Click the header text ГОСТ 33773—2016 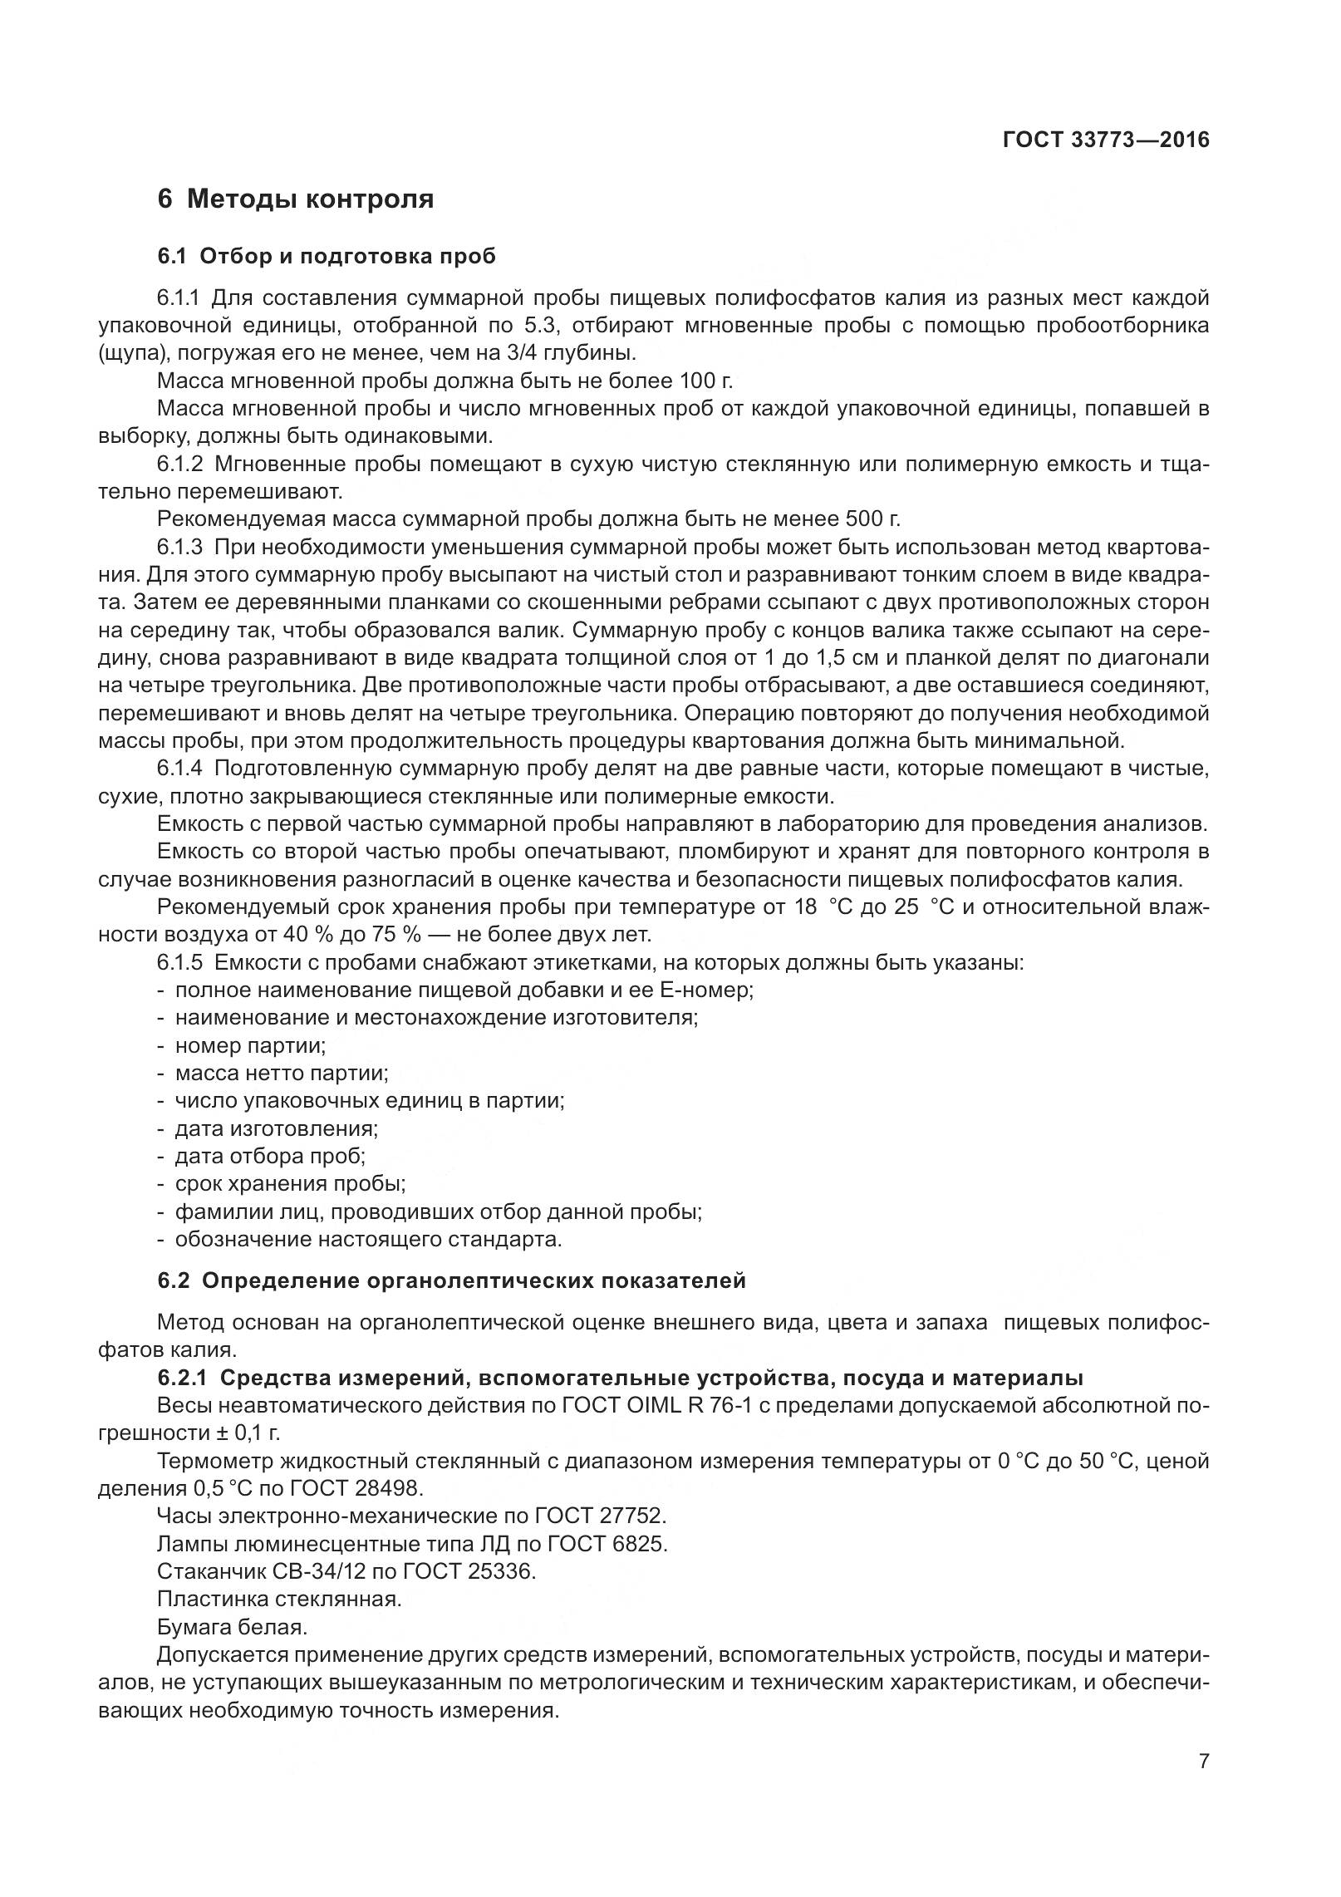tap(1105, 140)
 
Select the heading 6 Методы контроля tap(295, 199)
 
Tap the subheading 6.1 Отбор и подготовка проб tap(326, 256)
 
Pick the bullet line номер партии tap(249, 1045)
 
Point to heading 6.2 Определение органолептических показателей tap(451, 1280)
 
